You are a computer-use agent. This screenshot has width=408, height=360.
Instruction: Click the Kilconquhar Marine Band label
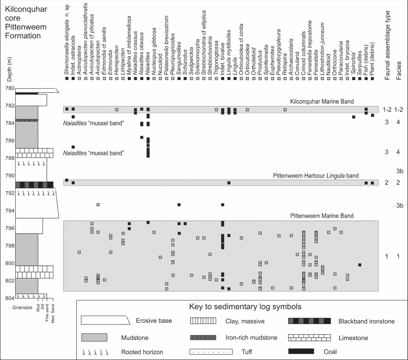(321, 101)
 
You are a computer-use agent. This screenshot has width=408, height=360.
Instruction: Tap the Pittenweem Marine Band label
(321, 216)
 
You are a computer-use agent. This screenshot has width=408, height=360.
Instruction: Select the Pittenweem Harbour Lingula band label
(316, 176)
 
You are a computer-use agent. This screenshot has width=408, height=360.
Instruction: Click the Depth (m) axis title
(10, 69)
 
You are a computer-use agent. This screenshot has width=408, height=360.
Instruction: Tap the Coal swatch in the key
(301, 351)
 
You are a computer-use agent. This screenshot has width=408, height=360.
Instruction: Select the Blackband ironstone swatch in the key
(309, 321)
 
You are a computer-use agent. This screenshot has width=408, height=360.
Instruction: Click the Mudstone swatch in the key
(94, 338)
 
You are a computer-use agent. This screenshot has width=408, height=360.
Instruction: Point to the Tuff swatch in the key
(211, 352)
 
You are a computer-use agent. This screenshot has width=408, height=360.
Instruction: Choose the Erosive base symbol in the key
(105, 320)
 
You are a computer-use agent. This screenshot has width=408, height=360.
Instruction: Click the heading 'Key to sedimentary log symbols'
(245, 307)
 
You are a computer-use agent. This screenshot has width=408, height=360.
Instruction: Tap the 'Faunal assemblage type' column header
(387, 45)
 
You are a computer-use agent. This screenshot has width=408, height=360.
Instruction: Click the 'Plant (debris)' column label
(372, 58)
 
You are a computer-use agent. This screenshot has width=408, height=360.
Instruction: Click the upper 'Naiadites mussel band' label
(94, 123)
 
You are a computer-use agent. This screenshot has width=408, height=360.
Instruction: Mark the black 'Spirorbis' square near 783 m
(354, 117)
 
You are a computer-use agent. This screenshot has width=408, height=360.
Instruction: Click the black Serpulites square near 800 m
(360, 265)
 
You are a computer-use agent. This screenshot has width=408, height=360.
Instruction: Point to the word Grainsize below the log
(22, 308)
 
